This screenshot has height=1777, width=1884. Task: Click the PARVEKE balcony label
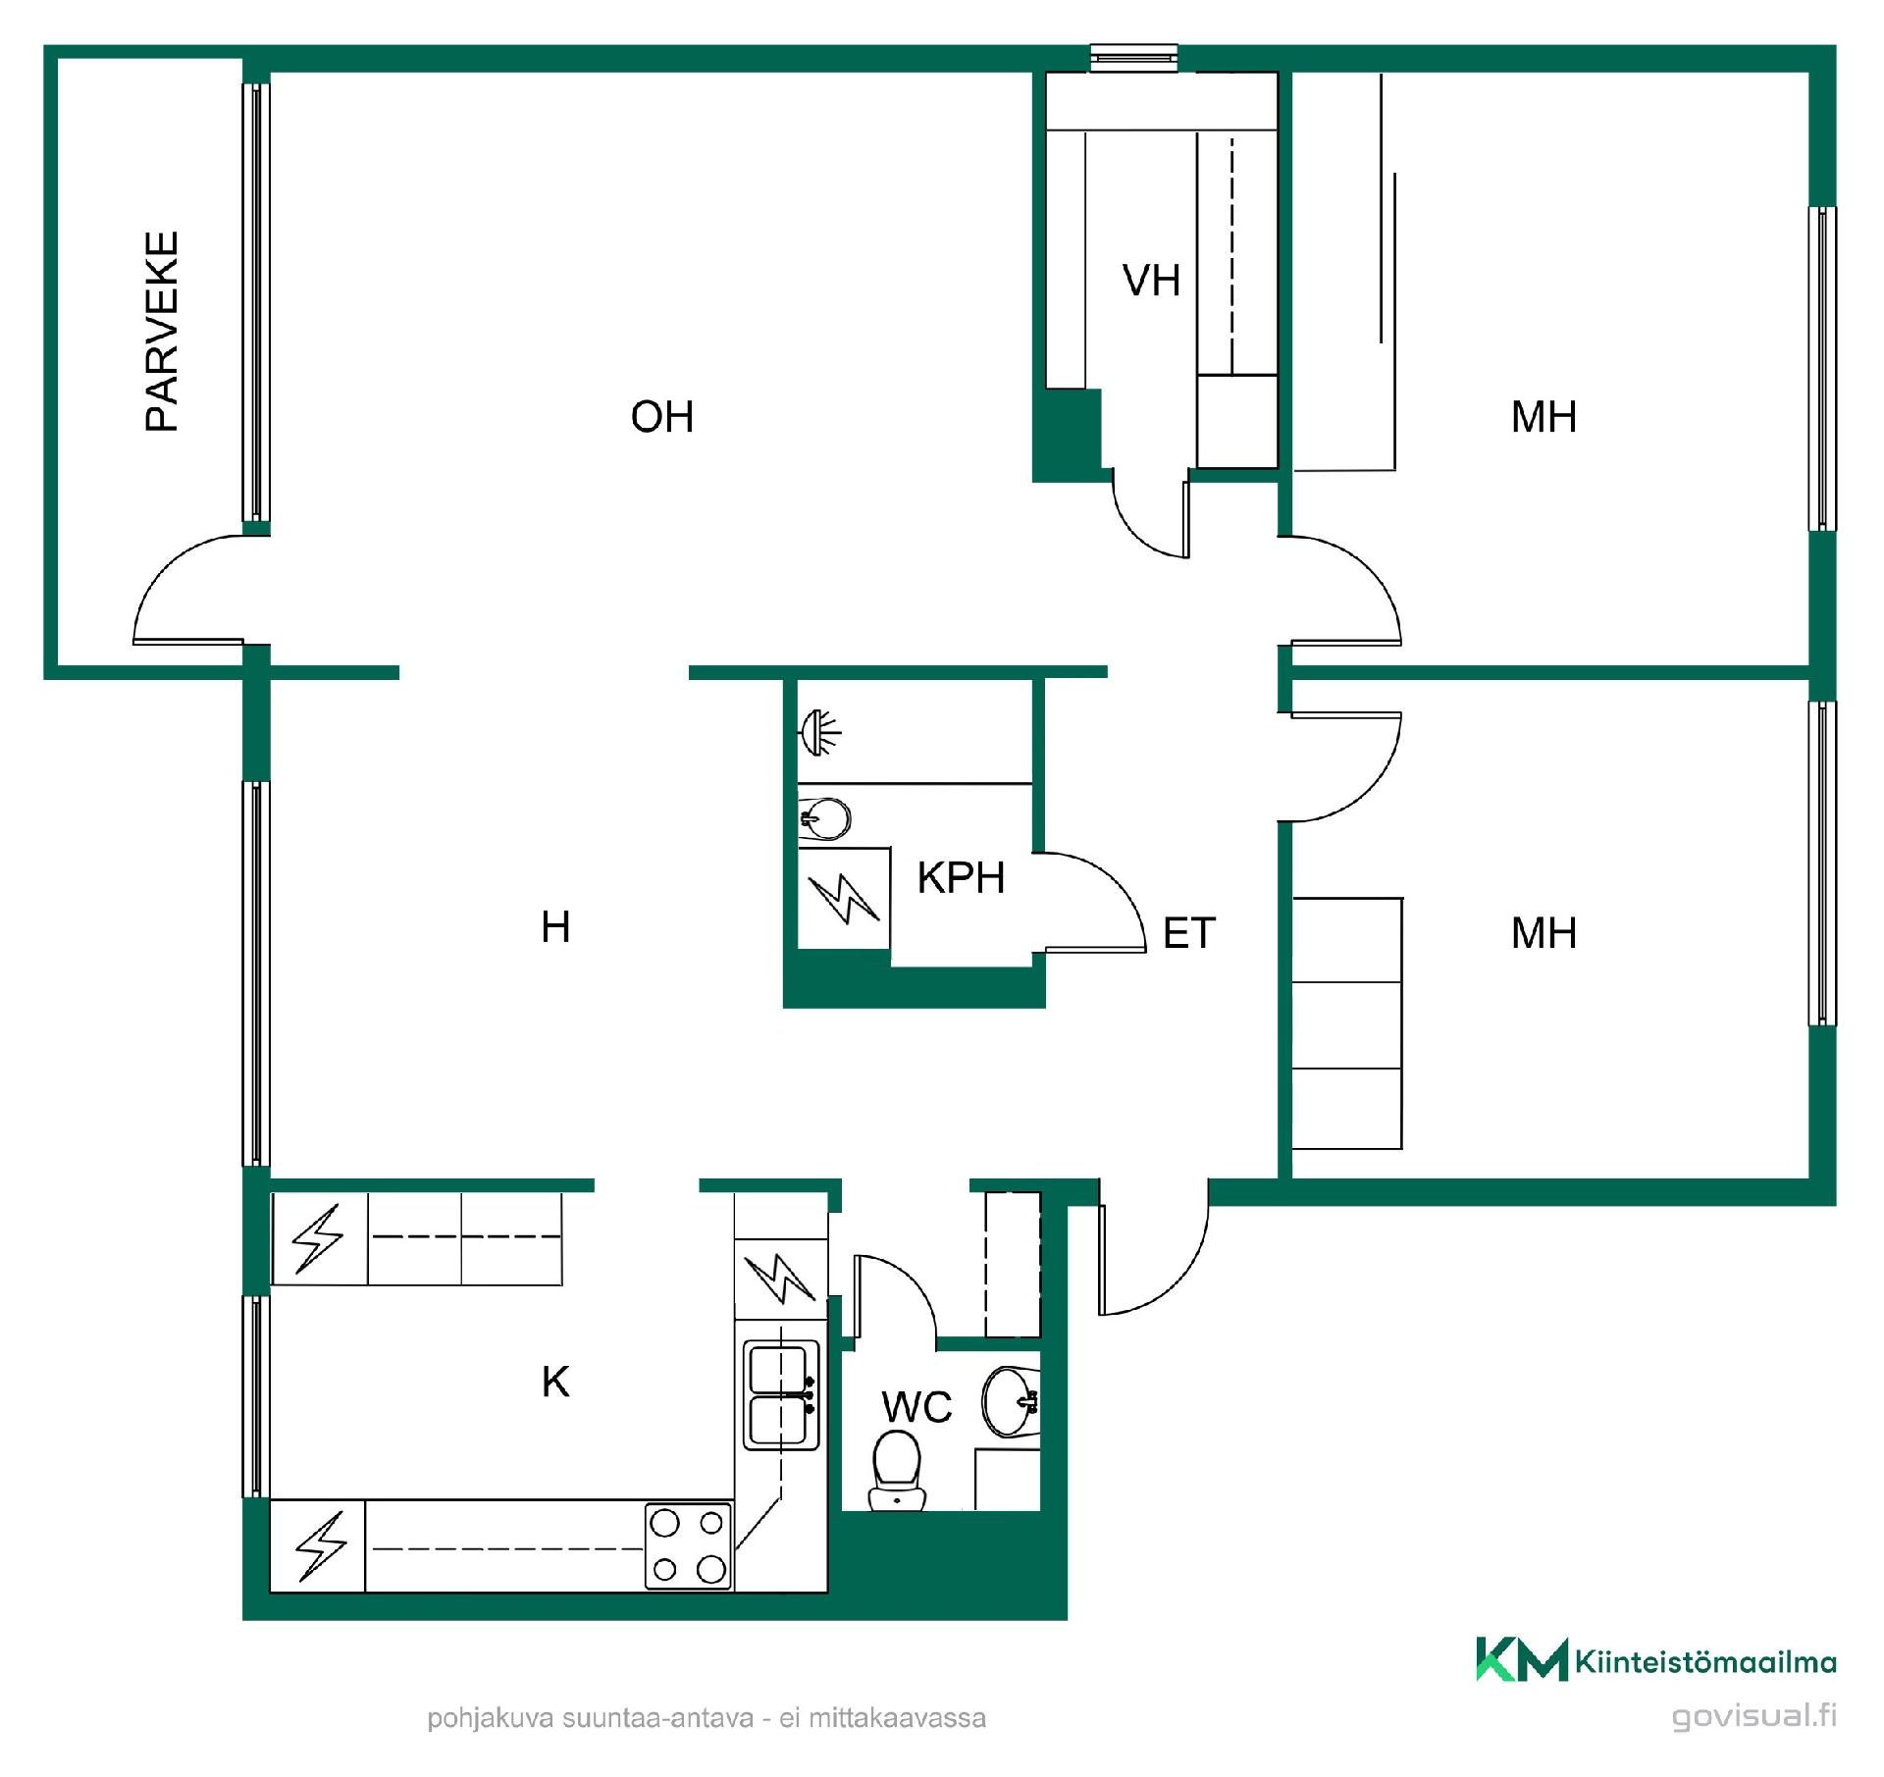(x=162, y=331)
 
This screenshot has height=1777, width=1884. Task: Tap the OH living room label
(x=662, y=417)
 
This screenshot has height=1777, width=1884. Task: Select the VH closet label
(x=1151, y=281)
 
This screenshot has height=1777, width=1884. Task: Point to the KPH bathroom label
(x=961, y=878)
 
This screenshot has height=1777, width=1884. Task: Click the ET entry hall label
(x=1189, y=933)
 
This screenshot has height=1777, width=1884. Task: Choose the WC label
(x=916, y=1407)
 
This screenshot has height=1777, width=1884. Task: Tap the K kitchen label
(x=555, y=1383)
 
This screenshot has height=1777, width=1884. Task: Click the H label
(x=555, y=927)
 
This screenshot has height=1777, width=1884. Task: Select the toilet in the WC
(x=897, y=1469)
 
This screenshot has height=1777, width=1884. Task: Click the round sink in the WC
(x=1011, y=1401)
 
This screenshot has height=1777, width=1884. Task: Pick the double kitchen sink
(x=781, y=1395)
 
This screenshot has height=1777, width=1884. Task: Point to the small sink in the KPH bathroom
(x=824, y=818)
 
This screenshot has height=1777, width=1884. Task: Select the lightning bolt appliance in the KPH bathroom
(x=844, y=899)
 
